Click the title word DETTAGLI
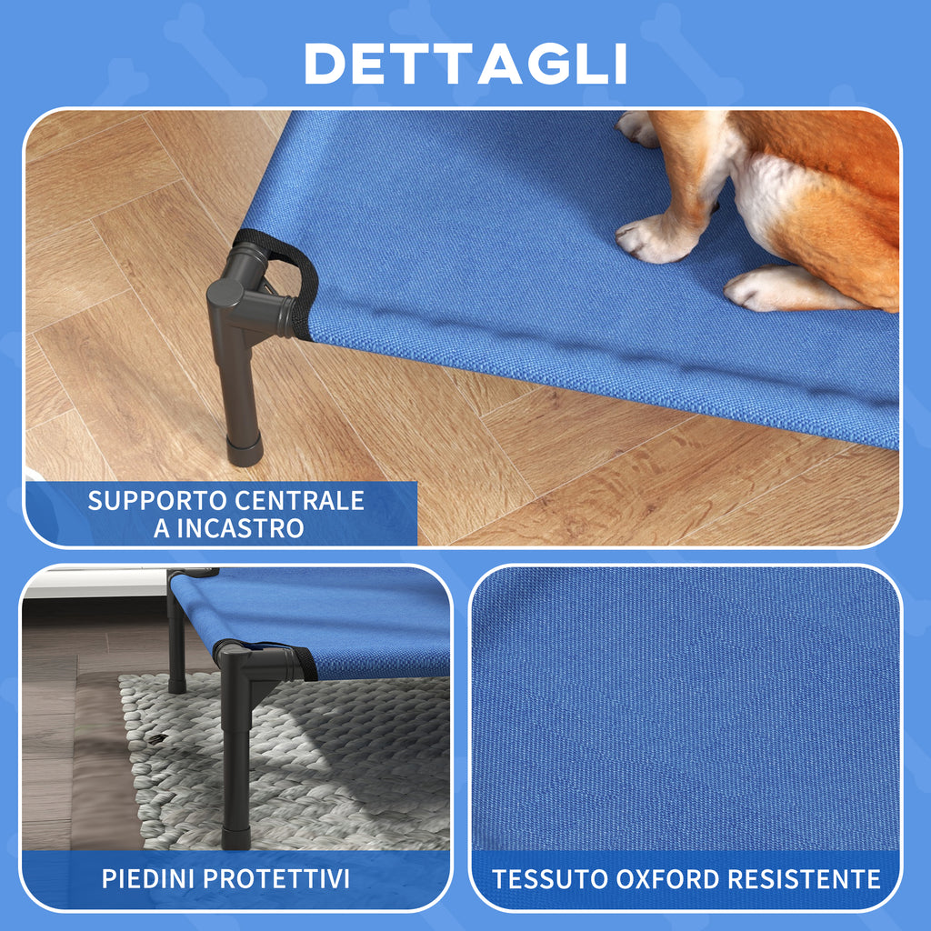[x=465, y=64]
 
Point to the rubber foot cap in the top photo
[x=245, y=449]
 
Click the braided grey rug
[x=345, y=773]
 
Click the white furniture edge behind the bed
[x=91, y=586]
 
